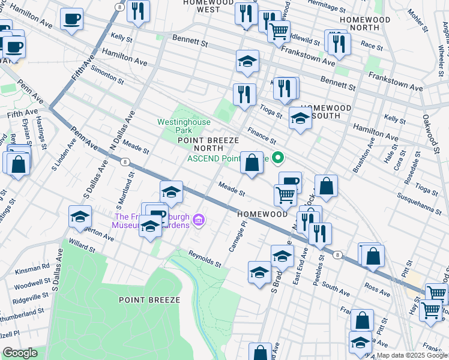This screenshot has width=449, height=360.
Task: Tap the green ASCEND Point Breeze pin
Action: (x=277, y=158)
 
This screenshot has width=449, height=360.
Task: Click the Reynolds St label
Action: (x=205, y=259)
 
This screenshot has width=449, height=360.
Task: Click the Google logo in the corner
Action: (x=19, y=353)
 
